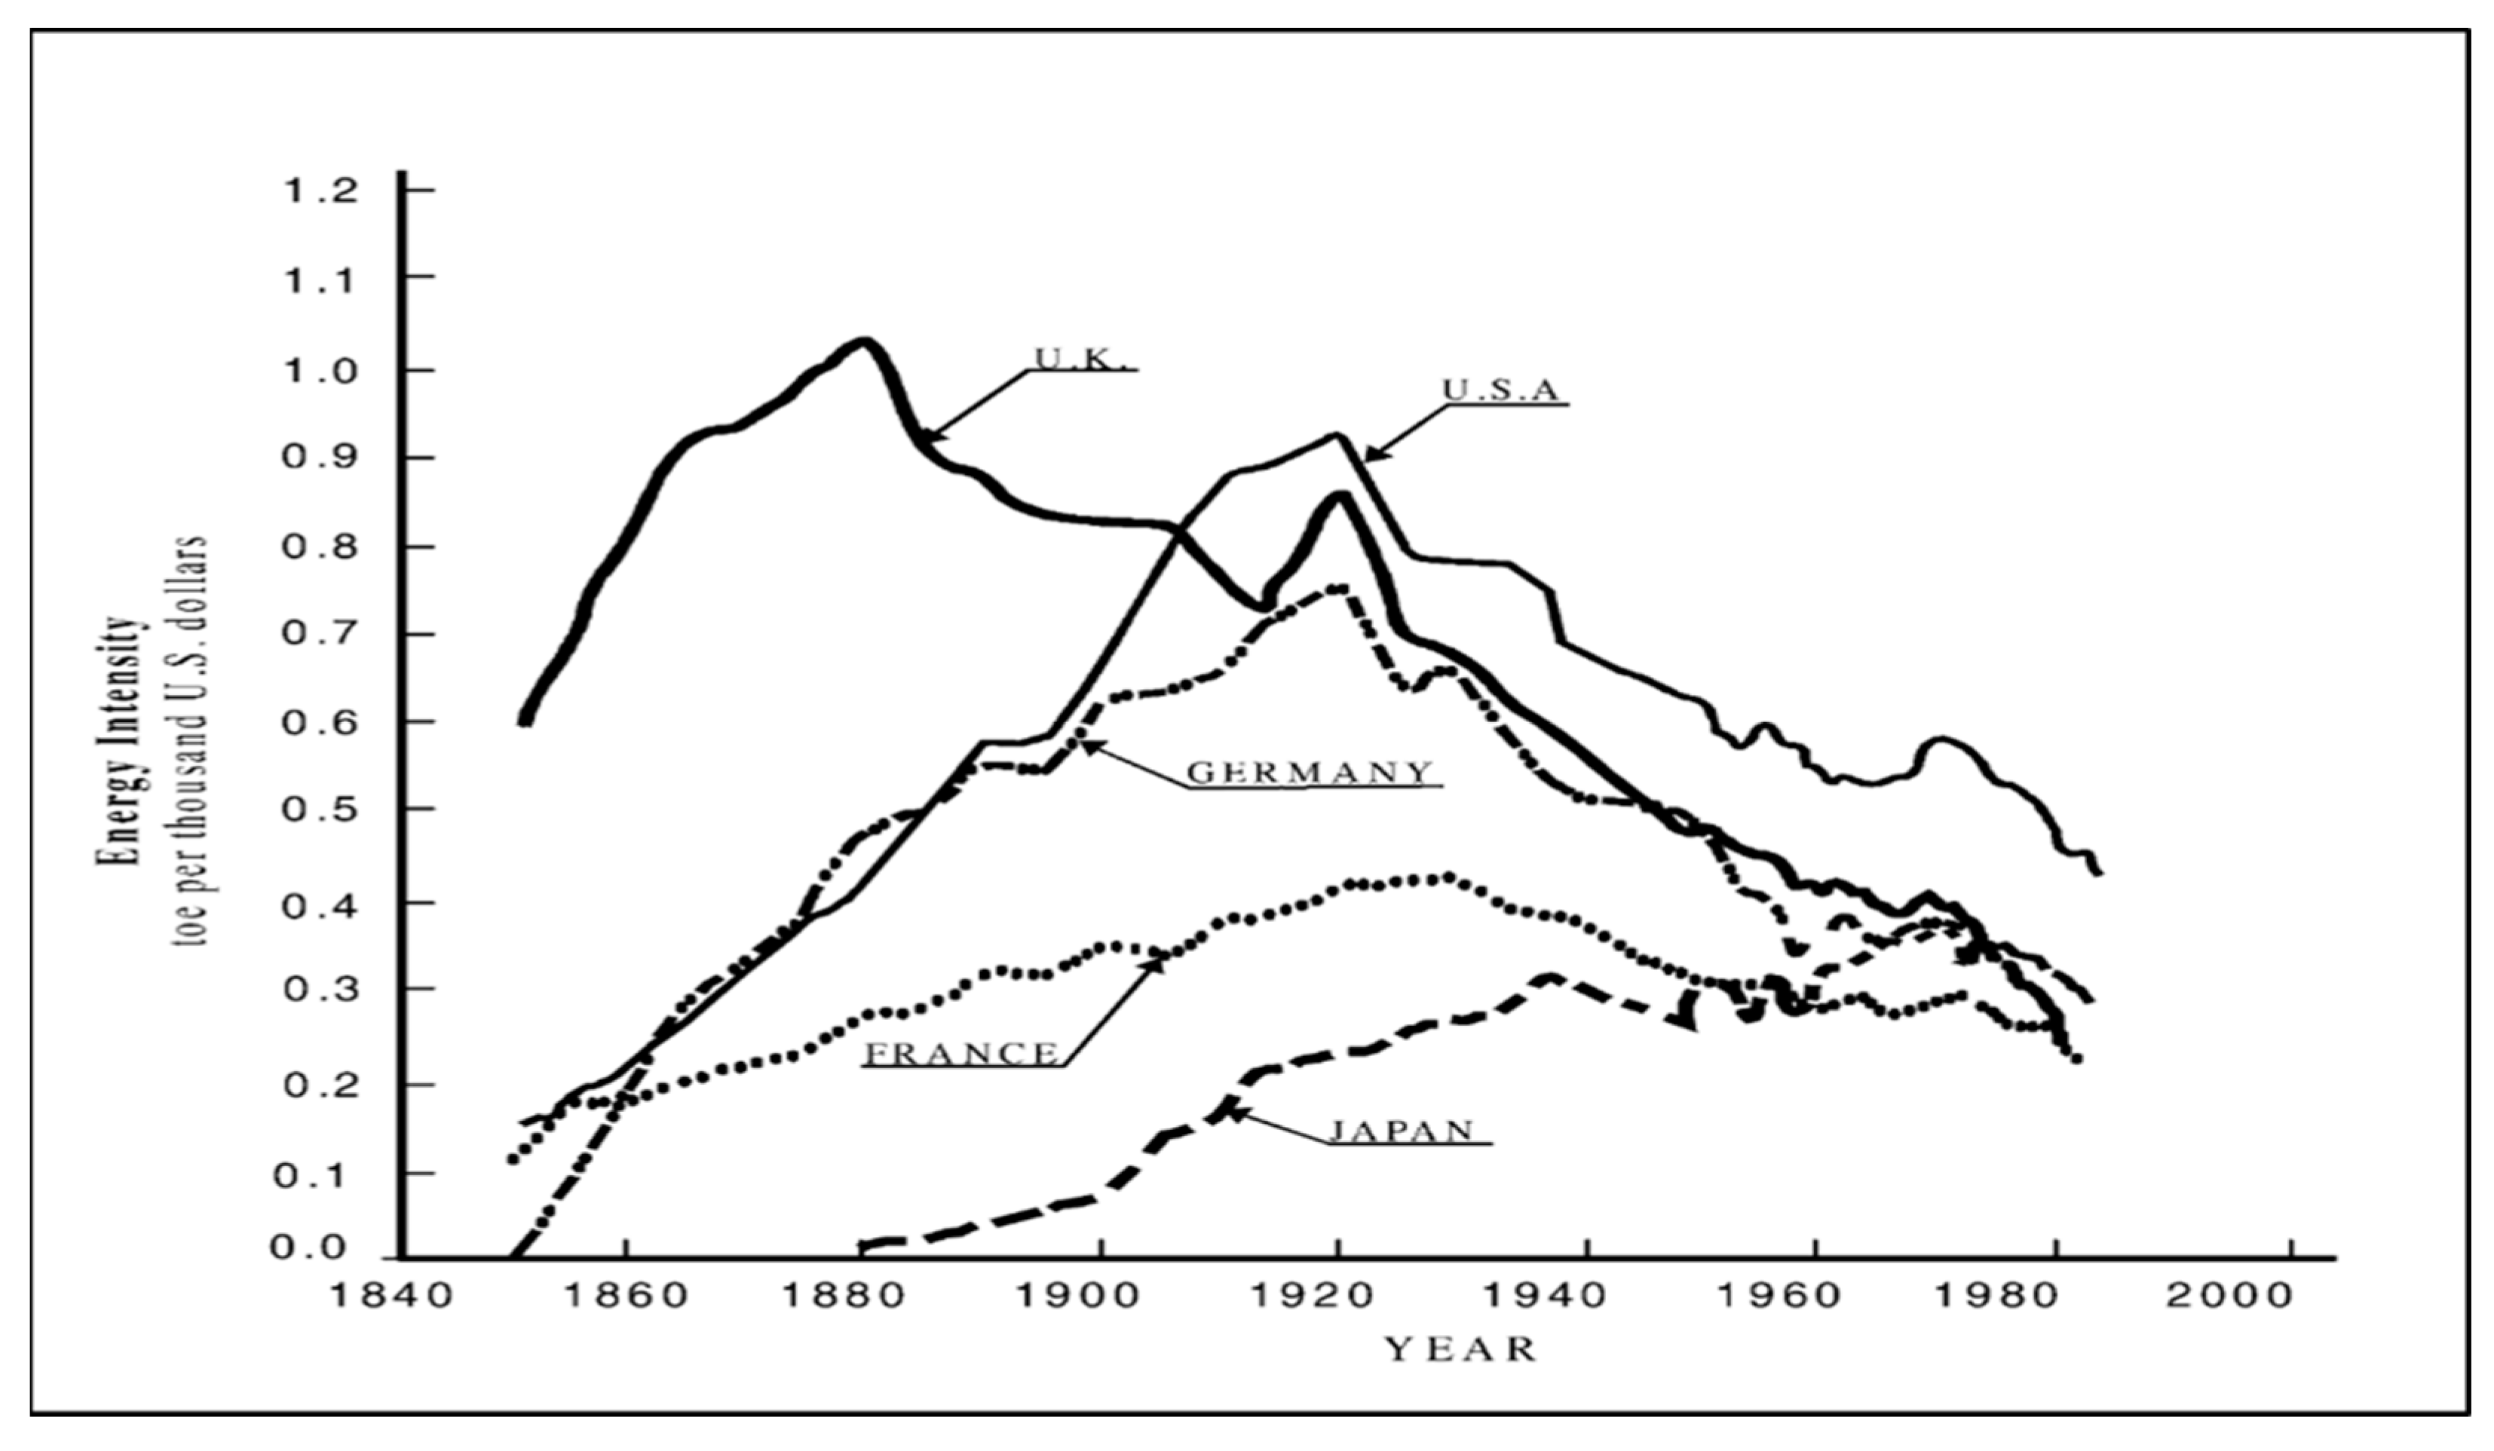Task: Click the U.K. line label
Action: click(1080, 358)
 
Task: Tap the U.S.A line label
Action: click(1500, 390)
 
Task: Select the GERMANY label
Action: click(1308, 772)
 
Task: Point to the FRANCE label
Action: click(961, 1053)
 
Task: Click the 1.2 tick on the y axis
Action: click(320, 191)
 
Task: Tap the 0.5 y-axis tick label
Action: click(320, 810)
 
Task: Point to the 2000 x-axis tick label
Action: click(2230, 1296)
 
